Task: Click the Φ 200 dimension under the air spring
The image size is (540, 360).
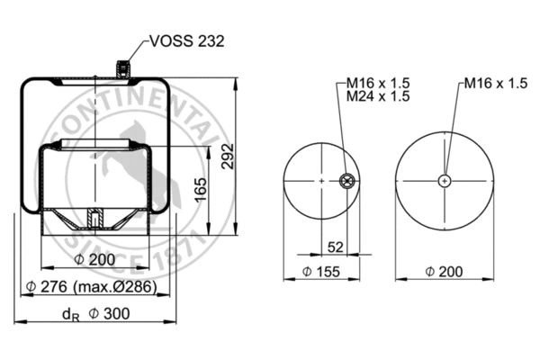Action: click(95, 260)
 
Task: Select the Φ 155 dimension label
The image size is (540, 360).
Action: click(322, 271)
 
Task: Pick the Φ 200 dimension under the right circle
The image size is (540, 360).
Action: click(445, 271)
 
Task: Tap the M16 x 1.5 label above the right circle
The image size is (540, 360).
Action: click(496, 83)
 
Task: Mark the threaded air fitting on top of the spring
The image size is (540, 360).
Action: click(122, 68)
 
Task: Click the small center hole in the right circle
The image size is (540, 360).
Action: click(444, 181)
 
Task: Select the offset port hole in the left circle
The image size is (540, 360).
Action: click(345, 182)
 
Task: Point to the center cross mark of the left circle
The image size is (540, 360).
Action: click(320, 182)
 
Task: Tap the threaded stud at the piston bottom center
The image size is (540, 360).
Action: click(94, 219)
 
